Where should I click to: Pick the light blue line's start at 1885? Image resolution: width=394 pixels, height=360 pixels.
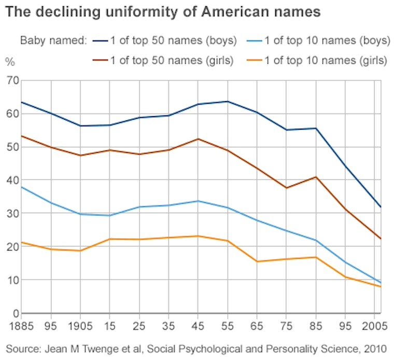(x=21, y=186)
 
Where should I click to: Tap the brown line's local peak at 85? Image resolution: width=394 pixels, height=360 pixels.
(x=315, y=177)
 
